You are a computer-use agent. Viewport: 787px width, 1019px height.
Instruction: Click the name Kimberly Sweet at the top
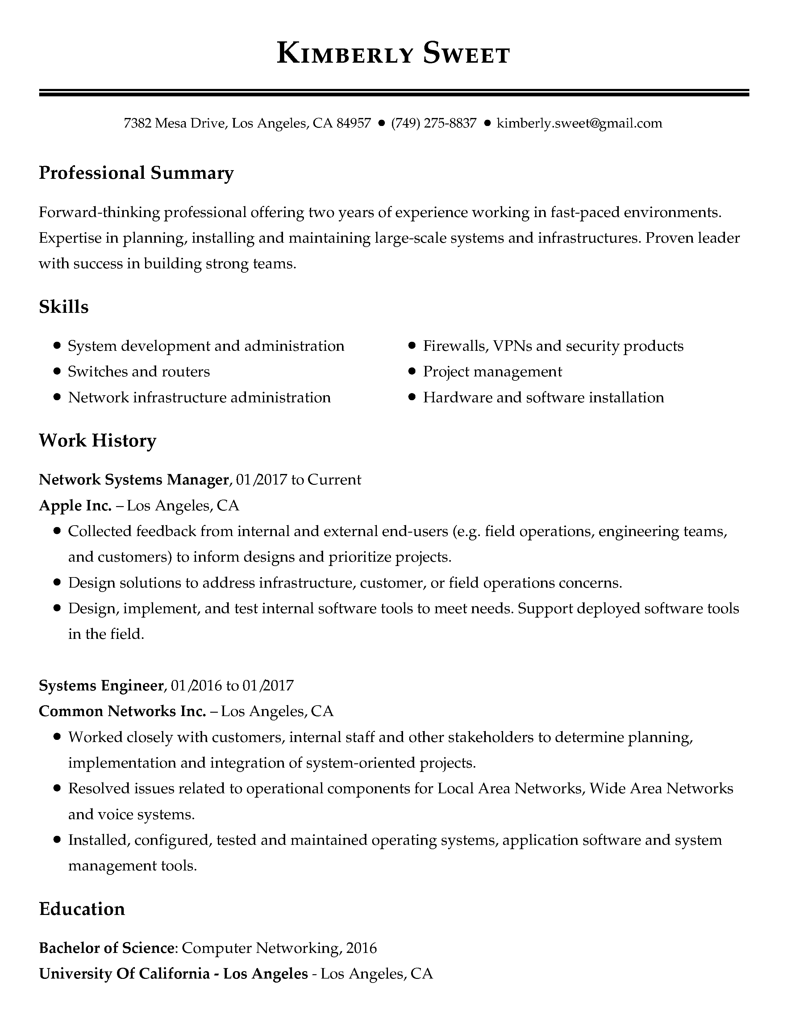click(x=393, y=53)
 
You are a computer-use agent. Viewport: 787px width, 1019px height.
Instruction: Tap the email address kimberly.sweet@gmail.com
click(x=579, y=123)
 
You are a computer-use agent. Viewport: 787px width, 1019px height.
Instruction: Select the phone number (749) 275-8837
click(x=434, y=123)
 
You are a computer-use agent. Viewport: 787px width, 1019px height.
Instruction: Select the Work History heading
click(x=98, y=440)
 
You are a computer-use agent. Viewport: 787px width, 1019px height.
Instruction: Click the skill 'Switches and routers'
click(x=139, y=372)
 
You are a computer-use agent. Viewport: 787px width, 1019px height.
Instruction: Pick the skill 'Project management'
click(x=492, y=372)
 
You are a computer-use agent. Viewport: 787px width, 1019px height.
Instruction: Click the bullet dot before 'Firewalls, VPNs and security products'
click(x=412, y=346)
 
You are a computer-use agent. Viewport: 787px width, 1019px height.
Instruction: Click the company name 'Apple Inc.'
click(x=75, y=505)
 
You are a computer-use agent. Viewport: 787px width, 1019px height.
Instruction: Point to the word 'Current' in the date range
click(x=334, y=480)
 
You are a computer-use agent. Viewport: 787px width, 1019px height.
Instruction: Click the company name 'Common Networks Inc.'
click(x=122, y=711)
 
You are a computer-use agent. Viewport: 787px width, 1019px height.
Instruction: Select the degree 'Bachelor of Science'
click(x=106, y=948)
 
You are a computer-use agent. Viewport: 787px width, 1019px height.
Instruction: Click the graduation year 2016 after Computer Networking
click(x=362, y=948)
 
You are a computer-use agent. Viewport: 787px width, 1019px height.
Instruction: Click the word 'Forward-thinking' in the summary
click(x=99, y=212)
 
